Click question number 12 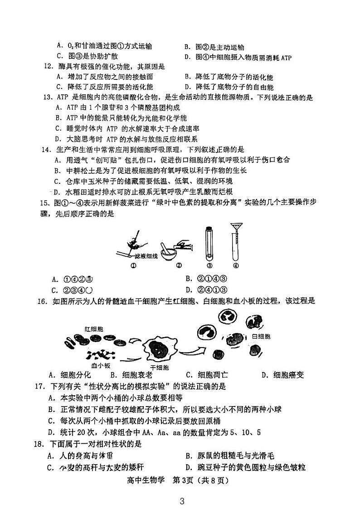pyautogui.click(x=48, y=67)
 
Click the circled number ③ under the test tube pyautogui.click(x=209, y=266)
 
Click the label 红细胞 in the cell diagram pyautogui.click(x=93, y=328)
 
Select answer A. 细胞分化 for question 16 pyautogui.click(x=70, y=375)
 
